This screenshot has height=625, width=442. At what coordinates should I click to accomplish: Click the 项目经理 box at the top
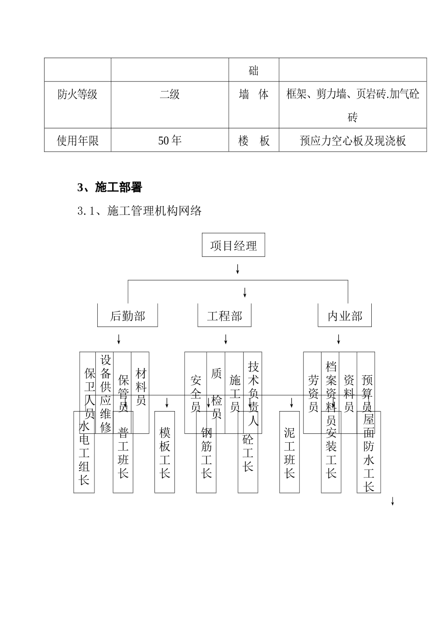pyautogui.click(x=233, y=245)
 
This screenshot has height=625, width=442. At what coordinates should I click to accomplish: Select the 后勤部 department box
pyautogui.click(x=127, y=316)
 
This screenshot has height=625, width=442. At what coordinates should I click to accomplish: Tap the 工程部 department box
pyautogui.click(x=225, y=316)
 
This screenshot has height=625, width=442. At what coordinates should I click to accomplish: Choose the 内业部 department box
pyautogui.click(x=345, y=316)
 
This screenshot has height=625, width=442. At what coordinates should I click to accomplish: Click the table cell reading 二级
pyautogui.click(x=169, y=94)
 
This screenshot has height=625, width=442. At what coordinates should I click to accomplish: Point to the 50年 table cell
pyautogui.click(x=169, y=140)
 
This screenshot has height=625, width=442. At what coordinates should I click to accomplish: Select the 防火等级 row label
pyautogui.click(x=77, y=94)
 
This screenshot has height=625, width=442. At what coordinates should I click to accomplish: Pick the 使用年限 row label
pyautogui.click(x=77, y=140)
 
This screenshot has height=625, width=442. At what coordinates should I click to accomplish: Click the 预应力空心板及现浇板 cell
pyautogui.click(x=353, y=140)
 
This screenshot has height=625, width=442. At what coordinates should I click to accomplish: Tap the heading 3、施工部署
pyautogui.click(x=109, y=187)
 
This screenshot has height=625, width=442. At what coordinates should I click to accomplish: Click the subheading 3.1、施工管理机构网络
pyautogui.click(x=140, y=211)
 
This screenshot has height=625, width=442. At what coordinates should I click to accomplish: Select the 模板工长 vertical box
pyautogui.click(x=165, y=452)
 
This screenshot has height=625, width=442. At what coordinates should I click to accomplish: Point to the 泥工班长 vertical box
pyautogui.click(x=289, y=452)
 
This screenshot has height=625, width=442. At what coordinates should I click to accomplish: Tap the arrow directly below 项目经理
pyautogui.click(x=237, y=269)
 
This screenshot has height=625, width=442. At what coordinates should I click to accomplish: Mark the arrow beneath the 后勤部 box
pyautogui.click(x=119, y=339)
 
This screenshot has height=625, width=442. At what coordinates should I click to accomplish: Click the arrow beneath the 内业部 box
pyautogui.click(x=338, y=339)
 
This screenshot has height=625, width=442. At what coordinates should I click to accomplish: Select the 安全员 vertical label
pyautogui.click(x=195, y=393)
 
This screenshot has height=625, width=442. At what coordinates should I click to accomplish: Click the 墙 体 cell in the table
pyautogui.click(x=254, y=94)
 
